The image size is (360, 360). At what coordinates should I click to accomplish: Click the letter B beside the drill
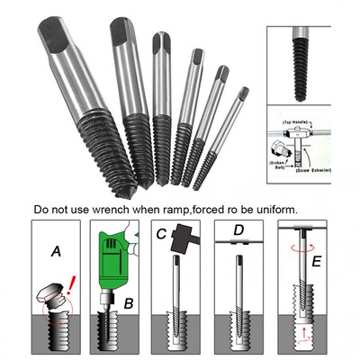(x=129, y=303)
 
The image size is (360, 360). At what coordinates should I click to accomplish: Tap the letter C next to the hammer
(x=161, y=236)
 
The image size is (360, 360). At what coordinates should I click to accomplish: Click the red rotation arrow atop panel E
(x=308, y=229)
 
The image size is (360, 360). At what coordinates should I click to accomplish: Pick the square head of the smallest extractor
(x=243, y=92)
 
